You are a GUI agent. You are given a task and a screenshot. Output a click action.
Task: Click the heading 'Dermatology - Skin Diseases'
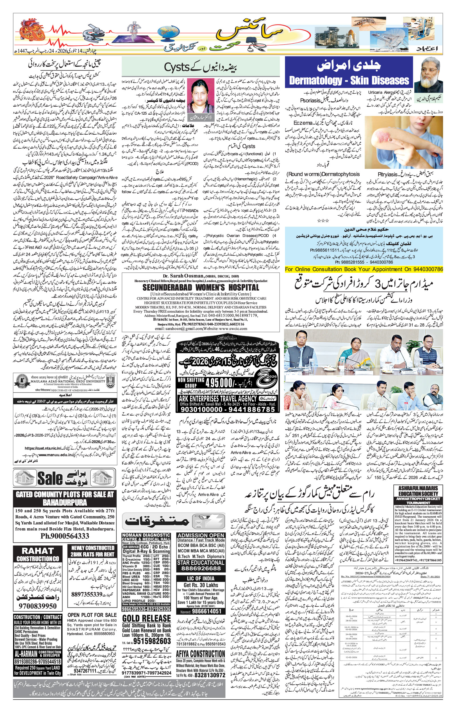(349, 81)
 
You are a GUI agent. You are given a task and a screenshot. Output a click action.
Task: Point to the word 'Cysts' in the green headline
(177, 68)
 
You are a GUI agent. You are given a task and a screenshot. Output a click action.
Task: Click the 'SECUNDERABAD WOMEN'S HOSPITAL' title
(200, 287)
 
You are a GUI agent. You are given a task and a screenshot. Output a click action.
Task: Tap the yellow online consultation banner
(364, 269)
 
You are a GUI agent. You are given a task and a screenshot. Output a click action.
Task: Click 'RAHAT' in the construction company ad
(38, 551)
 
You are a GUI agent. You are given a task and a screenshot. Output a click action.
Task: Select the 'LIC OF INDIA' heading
(201, 578)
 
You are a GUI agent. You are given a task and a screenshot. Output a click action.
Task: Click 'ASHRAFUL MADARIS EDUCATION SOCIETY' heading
(418, 491)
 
